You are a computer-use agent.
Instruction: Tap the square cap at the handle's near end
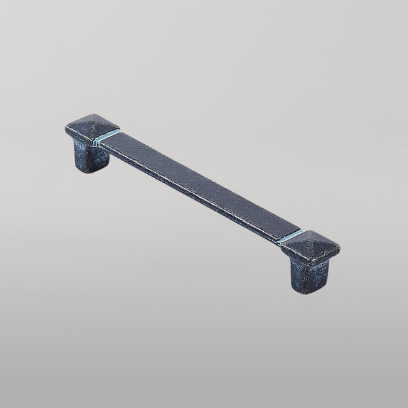tap(309, 248)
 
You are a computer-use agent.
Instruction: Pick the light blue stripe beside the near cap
tap(291, 237)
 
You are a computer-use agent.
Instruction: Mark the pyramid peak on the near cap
tap(310, 244)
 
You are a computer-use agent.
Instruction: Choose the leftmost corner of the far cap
tap(65, 128)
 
